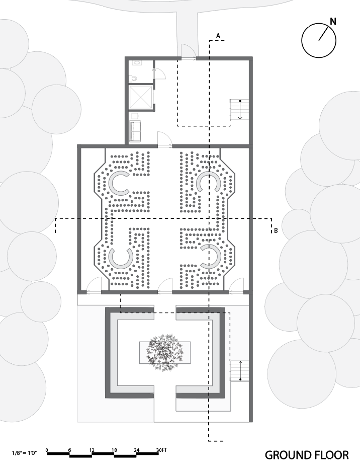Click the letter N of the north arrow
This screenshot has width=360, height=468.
click(333, 21)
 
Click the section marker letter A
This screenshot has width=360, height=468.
click(218, 35)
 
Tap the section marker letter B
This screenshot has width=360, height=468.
click(276, 231)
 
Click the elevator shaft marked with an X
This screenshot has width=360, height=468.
click(141, 97)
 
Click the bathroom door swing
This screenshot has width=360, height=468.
click(160, 72)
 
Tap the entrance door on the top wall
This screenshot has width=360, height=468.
click(188, 52)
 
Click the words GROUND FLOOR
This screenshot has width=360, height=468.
click(306, 455)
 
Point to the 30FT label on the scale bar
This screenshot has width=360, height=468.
click(161, 449)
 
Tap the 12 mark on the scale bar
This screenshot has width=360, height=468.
click(92, 449)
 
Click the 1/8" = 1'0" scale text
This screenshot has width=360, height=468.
click(24, 453)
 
